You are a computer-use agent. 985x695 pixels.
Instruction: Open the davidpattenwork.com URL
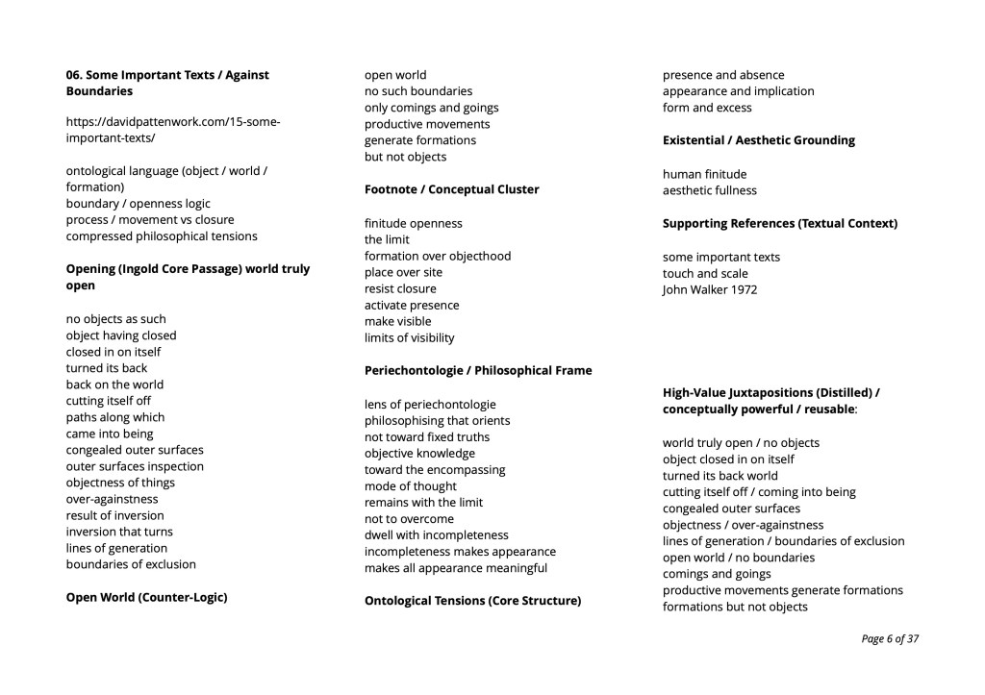(x=172, y=130)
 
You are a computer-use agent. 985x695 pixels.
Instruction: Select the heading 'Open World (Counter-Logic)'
(x=146, y=597)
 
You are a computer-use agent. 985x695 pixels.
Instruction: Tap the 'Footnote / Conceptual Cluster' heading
(x=451, y=189)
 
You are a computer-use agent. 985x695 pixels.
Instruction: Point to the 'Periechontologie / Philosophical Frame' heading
(x=478, y=370)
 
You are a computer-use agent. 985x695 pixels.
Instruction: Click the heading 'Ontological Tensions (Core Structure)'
(x=472, y=601)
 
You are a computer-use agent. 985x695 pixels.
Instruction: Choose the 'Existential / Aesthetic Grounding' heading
(x=758, y=140)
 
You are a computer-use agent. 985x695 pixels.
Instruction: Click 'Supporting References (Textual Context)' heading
(x=779, y=223)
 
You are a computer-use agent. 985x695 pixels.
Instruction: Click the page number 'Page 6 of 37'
(x=890, y=638)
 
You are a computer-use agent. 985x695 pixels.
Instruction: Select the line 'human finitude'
(x=704, y=174)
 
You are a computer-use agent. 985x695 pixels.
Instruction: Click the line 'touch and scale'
(x=705, y=273)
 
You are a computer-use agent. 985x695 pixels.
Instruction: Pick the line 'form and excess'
(x=707, y=108)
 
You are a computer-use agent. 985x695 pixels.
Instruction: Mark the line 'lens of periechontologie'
(x=430, y=404)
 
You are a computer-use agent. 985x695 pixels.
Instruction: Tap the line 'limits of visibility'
(x=409, y=337)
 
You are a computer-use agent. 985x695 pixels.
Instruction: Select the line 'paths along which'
(x=114, y=417)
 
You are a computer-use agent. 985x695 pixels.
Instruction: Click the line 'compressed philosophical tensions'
(x=162, y=236)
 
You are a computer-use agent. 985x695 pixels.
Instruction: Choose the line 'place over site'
(x=403, y=272)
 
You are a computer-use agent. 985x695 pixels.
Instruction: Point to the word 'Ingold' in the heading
(x=145, y=268)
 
